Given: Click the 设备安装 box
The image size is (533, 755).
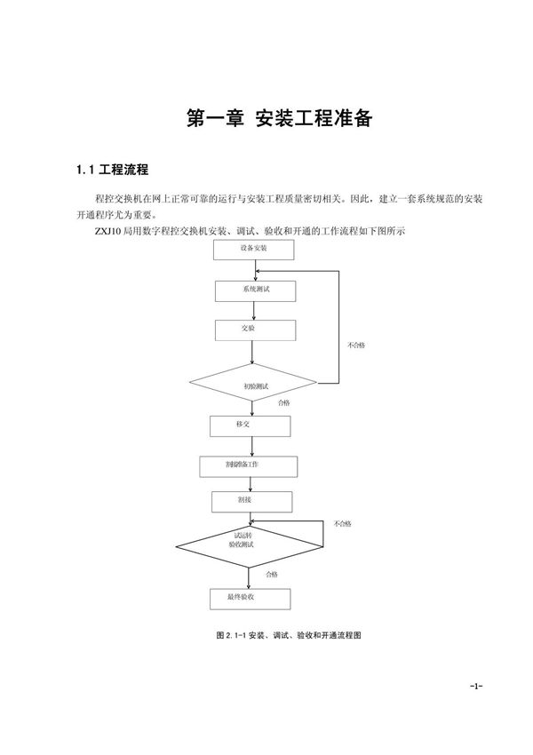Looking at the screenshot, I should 253,249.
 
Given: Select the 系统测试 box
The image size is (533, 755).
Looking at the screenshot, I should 255,290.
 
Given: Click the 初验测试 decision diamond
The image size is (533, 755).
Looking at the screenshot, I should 254,385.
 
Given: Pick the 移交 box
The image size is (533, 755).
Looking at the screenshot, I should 250,425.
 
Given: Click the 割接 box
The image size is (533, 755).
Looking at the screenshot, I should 251,501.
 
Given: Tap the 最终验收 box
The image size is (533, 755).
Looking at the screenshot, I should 250,598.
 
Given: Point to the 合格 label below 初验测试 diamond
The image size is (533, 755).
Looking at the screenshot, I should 283,402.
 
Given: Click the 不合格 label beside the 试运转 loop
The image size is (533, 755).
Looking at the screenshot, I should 343,524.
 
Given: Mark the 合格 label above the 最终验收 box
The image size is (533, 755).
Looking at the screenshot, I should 271,575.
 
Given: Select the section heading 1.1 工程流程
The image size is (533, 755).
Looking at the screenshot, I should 113,169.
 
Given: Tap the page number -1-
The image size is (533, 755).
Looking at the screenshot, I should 475,685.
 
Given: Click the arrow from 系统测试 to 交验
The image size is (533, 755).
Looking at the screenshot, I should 254,311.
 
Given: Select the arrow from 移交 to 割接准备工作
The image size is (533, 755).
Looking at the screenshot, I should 251,446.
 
